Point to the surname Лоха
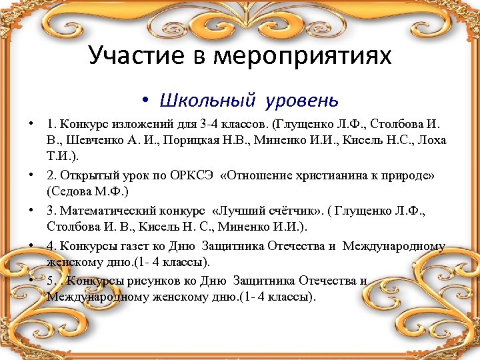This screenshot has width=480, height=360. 433,141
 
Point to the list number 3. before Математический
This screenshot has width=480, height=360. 51,211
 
